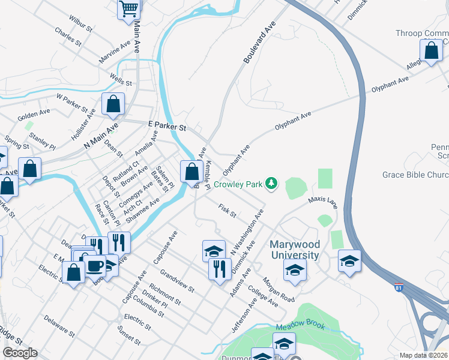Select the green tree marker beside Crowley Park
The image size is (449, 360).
click(x=271, y=182)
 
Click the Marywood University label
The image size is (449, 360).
click(x=294, y=250)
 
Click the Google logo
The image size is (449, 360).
click(x=20, y=353)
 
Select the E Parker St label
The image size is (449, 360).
click(x=167, y=127)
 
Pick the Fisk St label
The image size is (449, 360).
click(x=228, y=211)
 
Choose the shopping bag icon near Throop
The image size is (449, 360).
click(x=431, y=51)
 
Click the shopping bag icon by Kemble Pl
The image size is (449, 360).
click(x=191, y=171)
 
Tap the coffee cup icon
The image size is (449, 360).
click(x=95, y=265)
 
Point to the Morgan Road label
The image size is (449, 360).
click(x=278, y=289)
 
